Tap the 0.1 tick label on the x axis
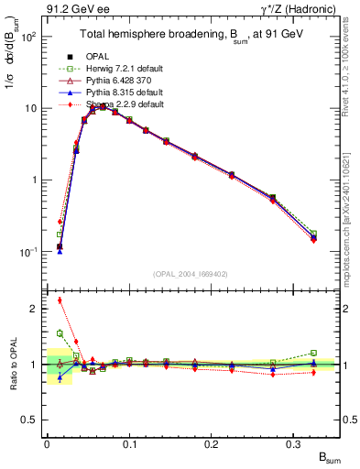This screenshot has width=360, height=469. pyautogui.click(x=129, y=443)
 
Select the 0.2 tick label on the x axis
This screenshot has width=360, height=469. pyautogui.click(x=213, y=443)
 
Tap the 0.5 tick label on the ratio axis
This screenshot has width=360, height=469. pyautogui.click(x=31, y=420)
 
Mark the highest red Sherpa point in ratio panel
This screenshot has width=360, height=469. pyautogui.click(x=60, y=300)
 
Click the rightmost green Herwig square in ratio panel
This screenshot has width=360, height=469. pyautogui.click(x=313, y=353)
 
